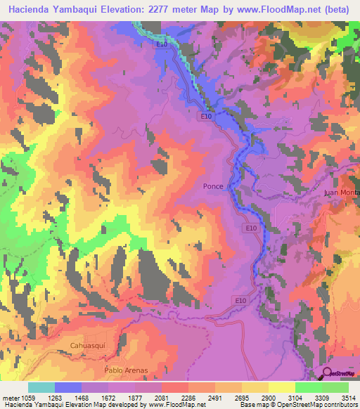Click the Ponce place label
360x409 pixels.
coord(214,186)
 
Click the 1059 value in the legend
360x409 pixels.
coord(28,397)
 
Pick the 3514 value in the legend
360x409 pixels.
coord(349,397)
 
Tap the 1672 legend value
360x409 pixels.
coord(108,397)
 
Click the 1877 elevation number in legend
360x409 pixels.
coord(135,397)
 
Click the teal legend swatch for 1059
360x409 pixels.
coord(41,387)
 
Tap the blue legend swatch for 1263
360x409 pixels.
coord(68,387)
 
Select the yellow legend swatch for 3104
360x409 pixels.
coord(282,387)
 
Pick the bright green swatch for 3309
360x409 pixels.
coord(309,387)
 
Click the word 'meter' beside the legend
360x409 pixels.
coord(10,397)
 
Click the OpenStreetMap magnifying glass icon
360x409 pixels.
coord(327,373)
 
